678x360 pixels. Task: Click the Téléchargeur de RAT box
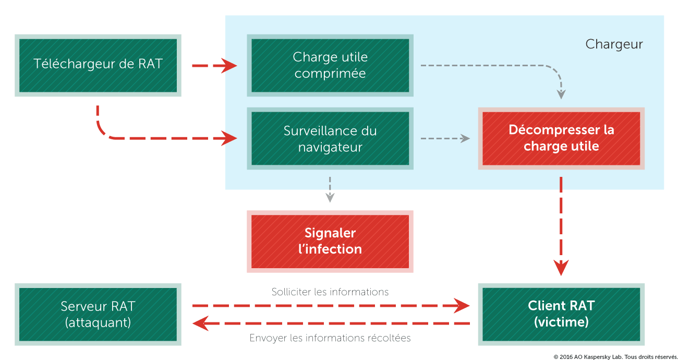coord(98,65)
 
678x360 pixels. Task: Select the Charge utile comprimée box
coord(330,65)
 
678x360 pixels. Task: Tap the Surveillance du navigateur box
coord(330,138)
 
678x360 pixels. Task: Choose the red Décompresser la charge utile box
coord(561,138)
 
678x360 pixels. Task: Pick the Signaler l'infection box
coord(330,242)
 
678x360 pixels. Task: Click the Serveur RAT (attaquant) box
coord(98,314)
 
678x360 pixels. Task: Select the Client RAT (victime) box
coord(561,314)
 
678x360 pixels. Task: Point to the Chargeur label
coord(614,44)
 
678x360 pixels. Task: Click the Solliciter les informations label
coord(330,292)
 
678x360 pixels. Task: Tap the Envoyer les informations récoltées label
coord(330,338)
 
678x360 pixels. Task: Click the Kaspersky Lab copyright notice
coord(615,357)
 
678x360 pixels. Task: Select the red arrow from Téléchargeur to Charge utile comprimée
coord(214,65)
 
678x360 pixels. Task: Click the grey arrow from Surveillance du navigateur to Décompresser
coord(445,138)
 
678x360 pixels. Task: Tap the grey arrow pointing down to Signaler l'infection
coord(330,189)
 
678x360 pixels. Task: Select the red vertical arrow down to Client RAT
coord(561,226)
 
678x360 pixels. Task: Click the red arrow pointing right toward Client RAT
coord(331,306)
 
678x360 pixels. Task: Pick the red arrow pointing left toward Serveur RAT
coord(331,323)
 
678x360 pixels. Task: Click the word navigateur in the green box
coord(330,147)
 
